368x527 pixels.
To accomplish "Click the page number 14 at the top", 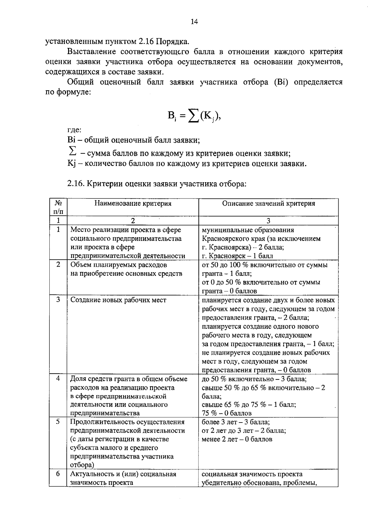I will click(194, 21).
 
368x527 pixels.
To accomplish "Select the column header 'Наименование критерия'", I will click(133, 203).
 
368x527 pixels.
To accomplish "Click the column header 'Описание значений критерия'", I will click(268, 203).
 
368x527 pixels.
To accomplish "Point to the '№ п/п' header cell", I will click(58, 207).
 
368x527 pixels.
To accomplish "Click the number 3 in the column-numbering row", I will click(268, 220).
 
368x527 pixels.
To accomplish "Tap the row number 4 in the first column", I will click(58, 378).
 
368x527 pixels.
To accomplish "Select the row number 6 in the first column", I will click(58, 474).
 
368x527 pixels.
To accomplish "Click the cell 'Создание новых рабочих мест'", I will click(118, 300).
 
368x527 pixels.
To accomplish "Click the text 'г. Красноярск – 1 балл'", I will click(237, 256).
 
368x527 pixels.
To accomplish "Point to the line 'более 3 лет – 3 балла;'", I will click(236, 422).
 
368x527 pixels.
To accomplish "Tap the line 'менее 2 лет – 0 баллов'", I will click(237, 439).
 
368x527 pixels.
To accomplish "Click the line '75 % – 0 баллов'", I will click(227, 413).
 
